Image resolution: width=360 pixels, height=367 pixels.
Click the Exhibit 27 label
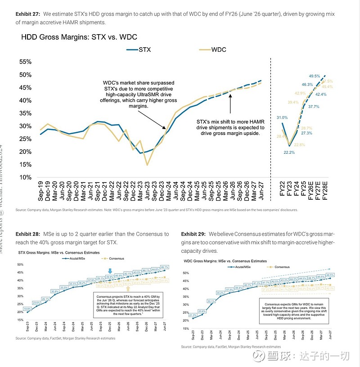tap(28, 14)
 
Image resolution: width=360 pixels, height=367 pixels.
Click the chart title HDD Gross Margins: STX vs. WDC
tap(79, 37)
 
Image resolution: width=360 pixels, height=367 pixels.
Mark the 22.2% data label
tap(289, 153)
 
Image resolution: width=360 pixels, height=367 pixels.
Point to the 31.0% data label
tap(283, 117)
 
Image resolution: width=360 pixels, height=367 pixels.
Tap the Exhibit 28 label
tap(28, 234)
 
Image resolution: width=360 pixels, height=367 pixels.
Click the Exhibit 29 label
tap(194, 234)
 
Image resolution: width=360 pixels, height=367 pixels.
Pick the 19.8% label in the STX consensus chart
tap(27, 309)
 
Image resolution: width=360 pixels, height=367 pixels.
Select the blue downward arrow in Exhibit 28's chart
tap(110, 270)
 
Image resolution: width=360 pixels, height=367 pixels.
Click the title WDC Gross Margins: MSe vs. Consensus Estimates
tap(225, 261)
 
